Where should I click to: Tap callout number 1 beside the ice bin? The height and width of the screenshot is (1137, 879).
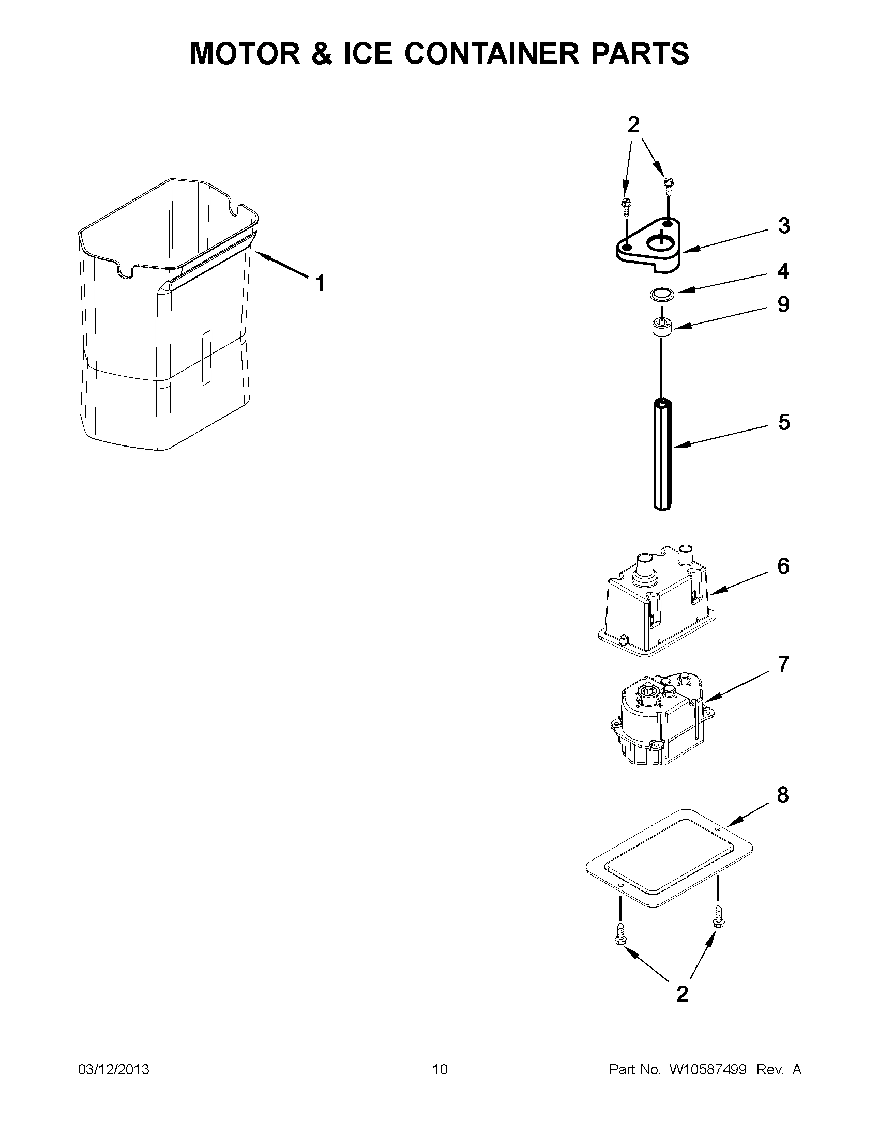click(x=321, y=284)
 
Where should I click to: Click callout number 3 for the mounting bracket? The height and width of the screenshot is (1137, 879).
click(x=784, y=226)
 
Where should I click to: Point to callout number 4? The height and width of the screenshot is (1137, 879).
click(x=783, y=271)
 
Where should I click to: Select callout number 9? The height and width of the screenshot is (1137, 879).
click(x=783, y=304)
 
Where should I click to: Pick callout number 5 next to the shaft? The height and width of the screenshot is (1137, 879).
click(x=784, y=422)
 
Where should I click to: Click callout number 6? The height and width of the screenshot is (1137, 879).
click(x=783, y=566)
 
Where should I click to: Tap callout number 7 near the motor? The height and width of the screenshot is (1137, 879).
click(x=783, y=664)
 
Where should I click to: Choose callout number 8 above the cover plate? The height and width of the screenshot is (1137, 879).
click(x=783, y=795)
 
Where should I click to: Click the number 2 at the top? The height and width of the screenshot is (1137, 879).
click(x=633, y=125)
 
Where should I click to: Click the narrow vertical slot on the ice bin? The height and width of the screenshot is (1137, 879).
click(x=207, y=357)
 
